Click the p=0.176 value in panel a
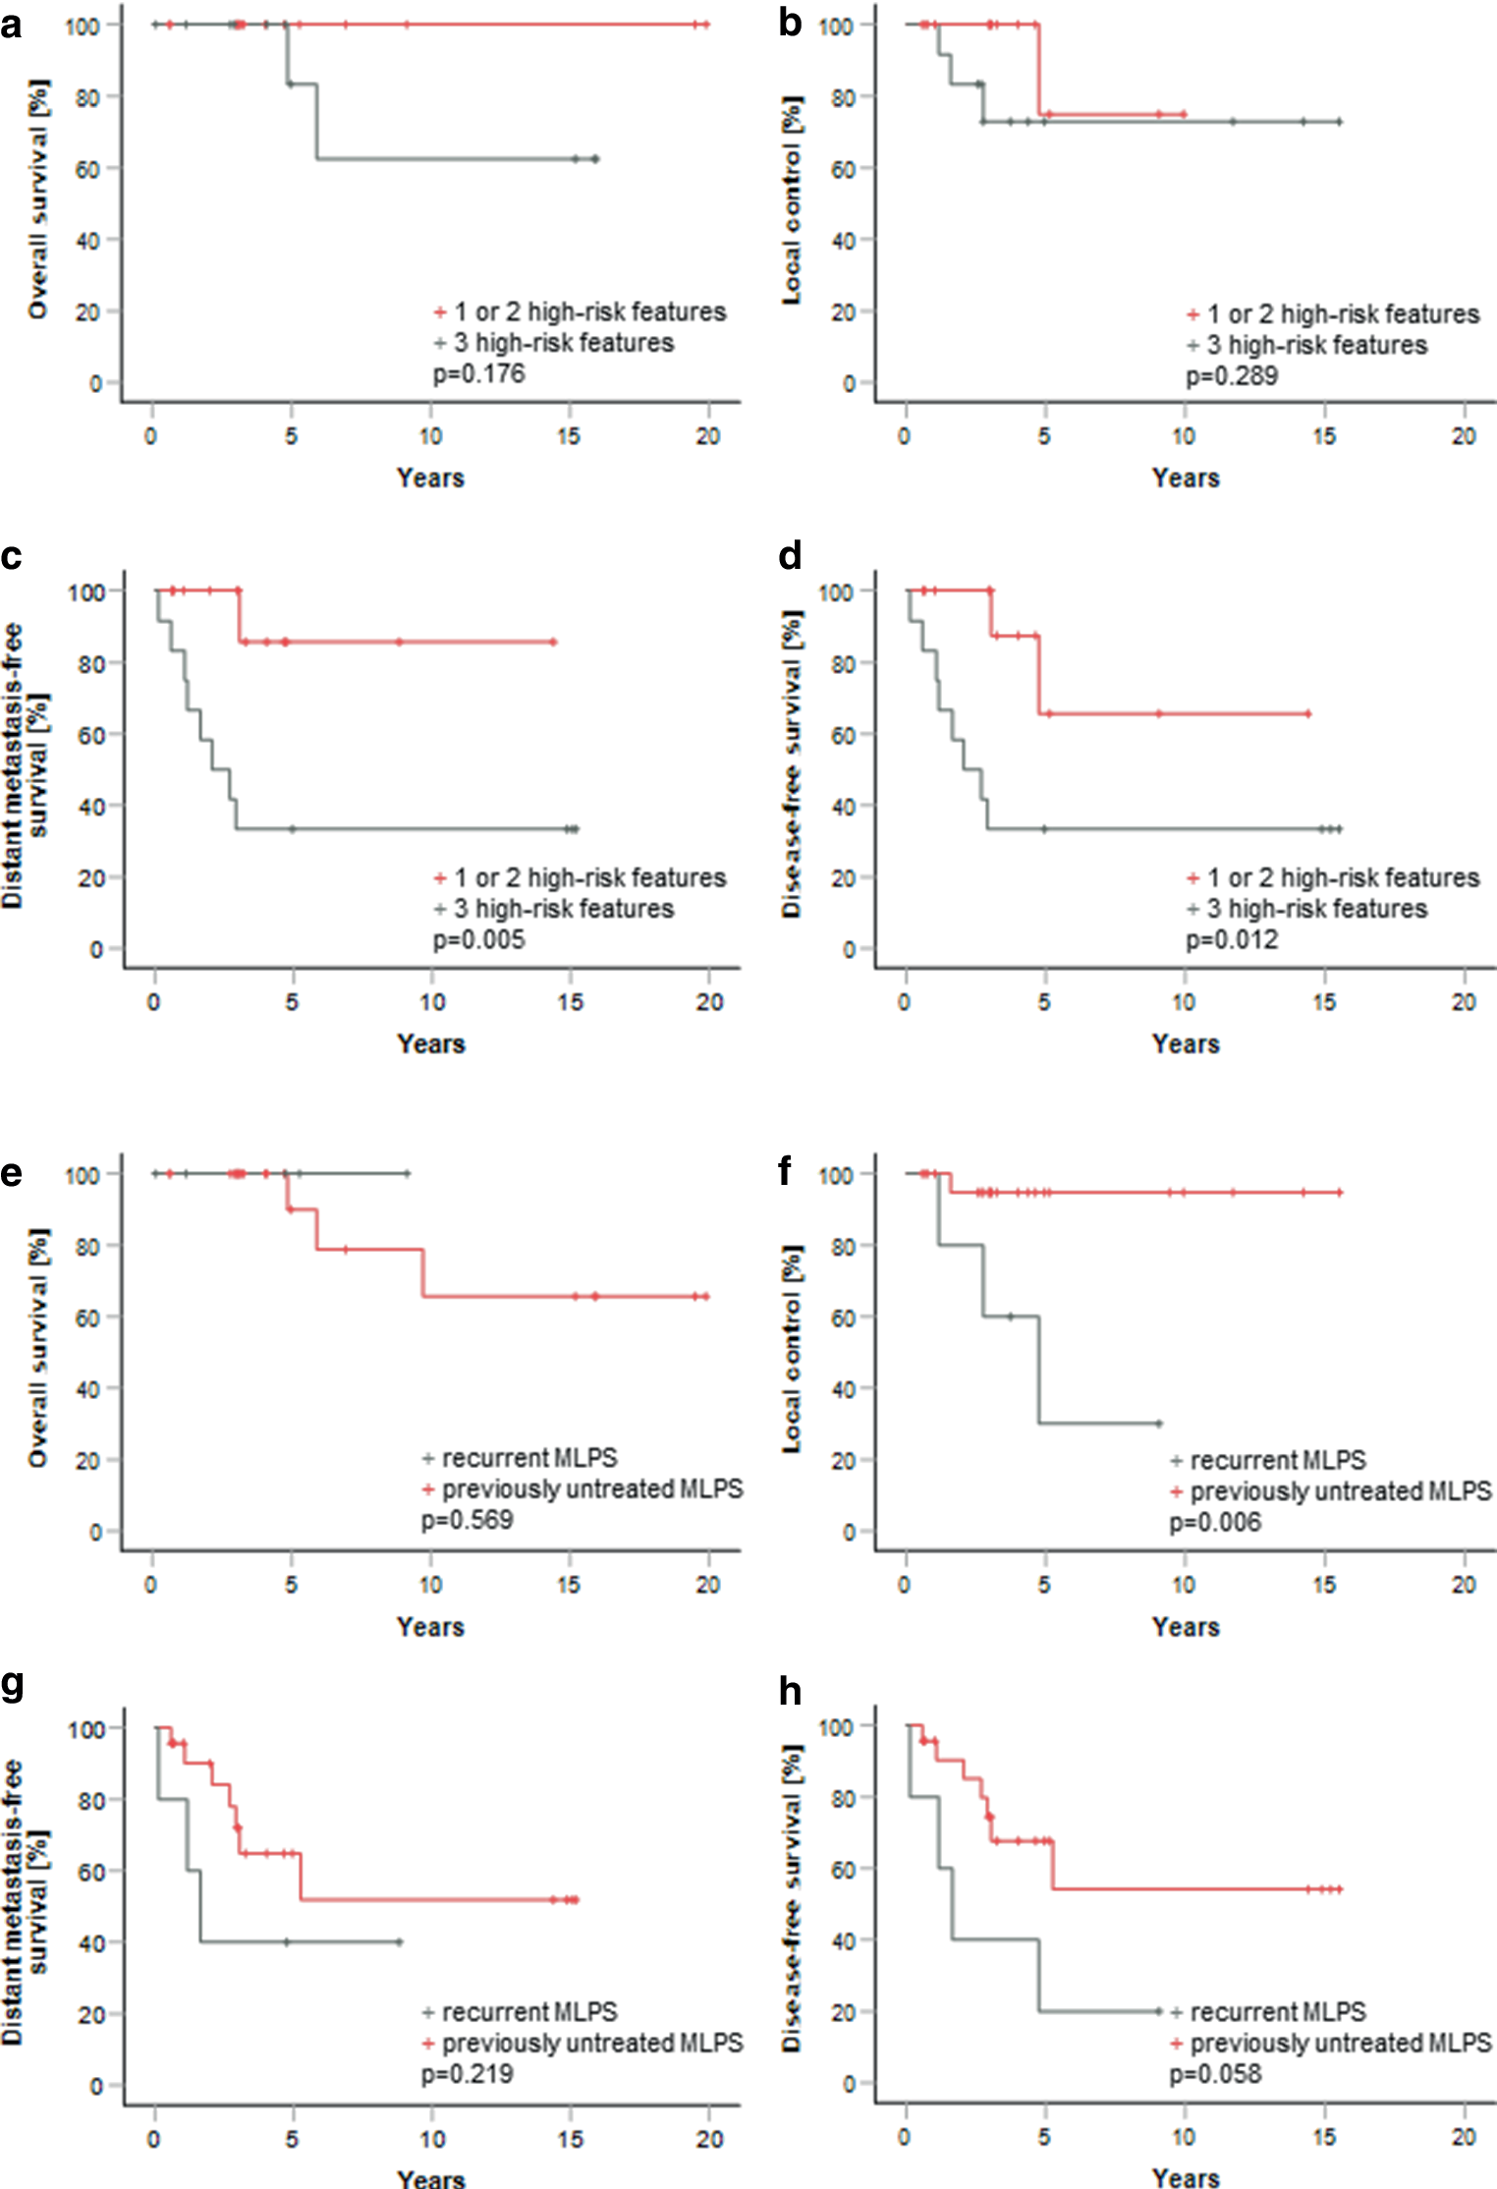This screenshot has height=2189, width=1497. pyautogui.click(x=479, y=374)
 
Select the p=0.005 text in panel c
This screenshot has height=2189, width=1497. pyautogui.click(x=479, y=940)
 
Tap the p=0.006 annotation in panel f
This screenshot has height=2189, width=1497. pyautogui.click(x=1215, y=1523)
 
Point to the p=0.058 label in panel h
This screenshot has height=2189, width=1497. pyautogui.click(x=1215, y=2074)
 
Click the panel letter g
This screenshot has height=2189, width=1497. pyautogui.click(x=13, y=1684)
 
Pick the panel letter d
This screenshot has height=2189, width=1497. pyautogui.click(x=790, y=556)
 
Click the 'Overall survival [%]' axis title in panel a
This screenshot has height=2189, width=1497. pyautogui.click(x=37, y=199)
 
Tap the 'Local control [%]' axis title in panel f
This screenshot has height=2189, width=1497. pyautogui.click(x=792, y=1349)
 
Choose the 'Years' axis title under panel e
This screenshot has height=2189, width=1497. pyautogui.click(x=430, y=1627)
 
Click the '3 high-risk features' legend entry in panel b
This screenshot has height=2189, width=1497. pyautogui.click(x=1316, y=346)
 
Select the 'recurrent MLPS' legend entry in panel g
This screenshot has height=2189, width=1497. pyautogui.click(x=528, y=2011)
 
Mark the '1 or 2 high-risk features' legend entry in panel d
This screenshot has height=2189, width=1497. pyautogui.click(x=1342, y=878)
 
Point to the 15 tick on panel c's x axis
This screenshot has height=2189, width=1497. pyautogui.click(x=571, y=1002)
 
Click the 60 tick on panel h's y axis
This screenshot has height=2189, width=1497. pyautogui.click(x=843, y=1869)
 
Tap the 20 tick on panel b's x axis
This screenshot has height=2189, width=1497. pyautogui.click(x=1464, y=436)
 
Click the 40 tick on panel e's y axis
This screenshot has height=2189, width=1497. pyautogui.click(x=88, y=1389)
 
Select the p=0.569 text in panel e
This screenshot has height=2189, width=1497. pyautogui.click(x=468, y=1521)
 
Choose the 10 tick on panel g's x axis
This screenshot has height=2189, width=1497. pyautogui.click(x=432, y=2139)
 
